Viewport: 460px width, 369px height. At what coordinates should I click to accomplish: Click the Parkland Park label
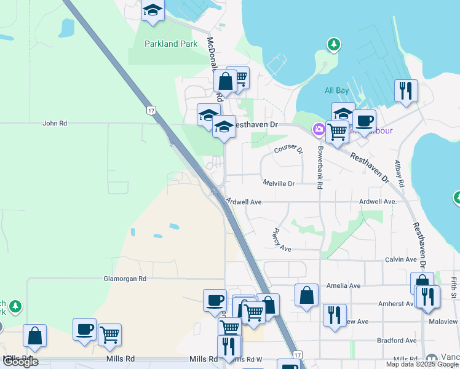171,44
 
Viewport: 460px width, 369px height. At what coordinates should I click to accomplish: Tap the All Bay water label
336,91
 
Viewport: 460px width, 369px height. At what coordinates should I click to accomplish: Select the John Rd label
55,123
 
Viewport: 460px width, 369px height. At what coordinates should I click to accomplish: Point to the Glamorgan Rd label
124,279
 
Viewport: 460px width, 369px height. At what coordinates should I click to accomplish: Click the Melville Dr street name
279,183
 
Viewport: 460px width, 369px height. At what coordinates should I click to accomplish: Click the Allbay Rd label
400,173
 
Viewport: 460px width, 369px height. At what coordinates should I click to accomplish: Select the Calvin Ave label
401,260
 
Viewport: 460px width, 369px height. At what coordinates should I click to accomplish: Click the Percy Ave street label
281,241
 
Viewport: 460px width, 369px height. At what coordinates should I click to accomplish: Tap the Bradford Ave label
397,340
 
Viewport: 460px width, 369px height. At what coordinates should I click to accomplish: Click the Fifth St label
454,288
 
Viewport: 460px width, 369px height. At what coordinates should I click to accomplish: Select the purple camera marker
319,129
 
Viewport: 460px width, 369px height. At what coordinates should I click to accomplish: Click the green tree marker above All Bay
333,44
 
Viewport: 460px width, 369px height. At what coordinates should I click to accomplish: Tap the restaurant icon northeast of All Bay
406,90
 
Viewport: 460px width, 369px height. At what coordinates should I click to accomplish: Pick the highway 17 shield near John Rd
151,111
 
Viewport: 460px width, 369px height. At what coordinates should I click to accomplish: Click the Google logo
20,362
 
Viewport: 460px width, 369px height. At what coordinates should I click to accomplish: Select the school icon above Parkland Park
152,10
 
